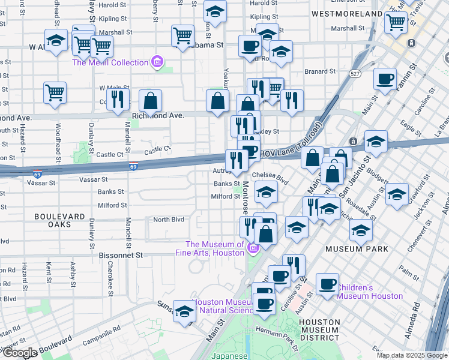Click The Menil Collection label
tap(110, 62)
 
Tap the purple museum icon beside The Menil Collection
tap(157, 62)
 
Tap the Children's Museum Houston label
tap(369, 292)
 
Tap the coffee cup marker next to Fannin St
tap(385, 78)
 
